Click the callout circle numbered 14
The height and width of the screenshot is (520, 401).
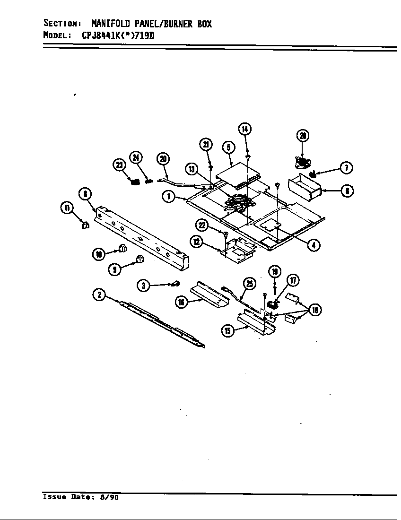coord(244,129)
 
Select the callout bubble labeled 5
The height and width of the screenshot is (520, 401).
coord(228,147)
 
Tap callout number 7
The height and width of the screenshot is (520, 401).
coord(347,168)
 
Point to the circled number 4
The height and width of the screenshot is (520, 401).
coord(313,244)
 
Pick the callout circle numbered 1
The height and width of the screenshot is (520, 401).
coord(168,197)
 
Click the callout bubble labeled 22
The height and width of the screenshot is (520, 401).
coord(202,226)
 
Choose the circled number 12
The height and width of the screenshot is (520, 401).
coord(196,242)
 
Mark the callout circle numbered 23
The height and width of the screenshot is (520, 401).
coord(118,165)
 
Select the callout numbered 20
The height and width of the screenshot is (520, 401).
coord(163,159)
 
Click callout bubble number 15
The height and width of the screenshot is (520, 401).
coord(228,331)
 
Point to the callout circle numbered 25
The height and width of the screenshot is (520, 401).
coord(249,283)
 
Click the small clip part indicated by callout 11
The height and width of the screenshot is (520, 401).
coord(84,225)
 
